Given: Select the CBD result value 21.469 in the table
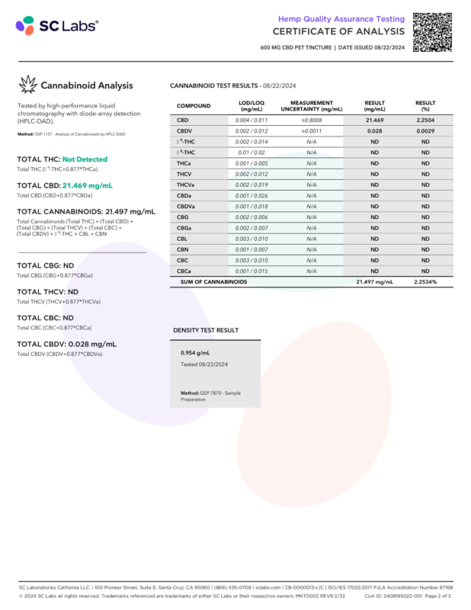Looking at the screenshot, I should pyautogui.click(x=373, y=120).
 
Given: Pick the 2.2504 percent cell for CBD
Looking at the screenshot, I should pyautogui.click(x=425, y=120).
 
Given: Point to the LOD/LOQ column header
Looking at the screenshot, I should pyautogui.click(x=252, y=106).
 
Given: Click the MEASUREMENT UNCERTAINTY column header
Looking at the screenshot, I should pyautogui.click(x=312, y=106).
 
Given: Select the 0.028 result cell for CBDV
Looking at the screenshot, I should pyautogui.click(x=373, y=131).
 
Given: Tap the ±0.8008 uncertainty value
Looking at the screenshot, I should pyautogui.click(x=311, y=120).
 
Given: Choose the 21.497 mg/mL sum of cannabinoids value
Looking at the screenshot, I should pyautogui.click(x=374, y=282).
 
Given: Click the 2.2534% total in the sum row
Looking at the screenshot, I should pyautogui.click(x=425, y=282).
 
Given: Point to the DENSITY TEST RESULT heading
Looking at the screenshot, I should pyautogui.click(x=206, y=330).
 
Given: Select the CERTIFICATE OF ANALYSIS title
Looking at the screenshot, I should pyautogui.click(x=338, y=31).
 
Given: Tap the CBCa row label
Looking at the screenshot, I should pyautogui.click(x=184, y=271).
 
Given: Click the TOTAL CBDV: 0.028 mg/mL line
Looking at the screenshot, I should pyautogui.click(x=66, y=344).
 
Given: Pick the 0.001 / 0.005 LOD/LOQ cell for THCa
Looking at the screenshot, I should pyautogui.click(x=252, y=163).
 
